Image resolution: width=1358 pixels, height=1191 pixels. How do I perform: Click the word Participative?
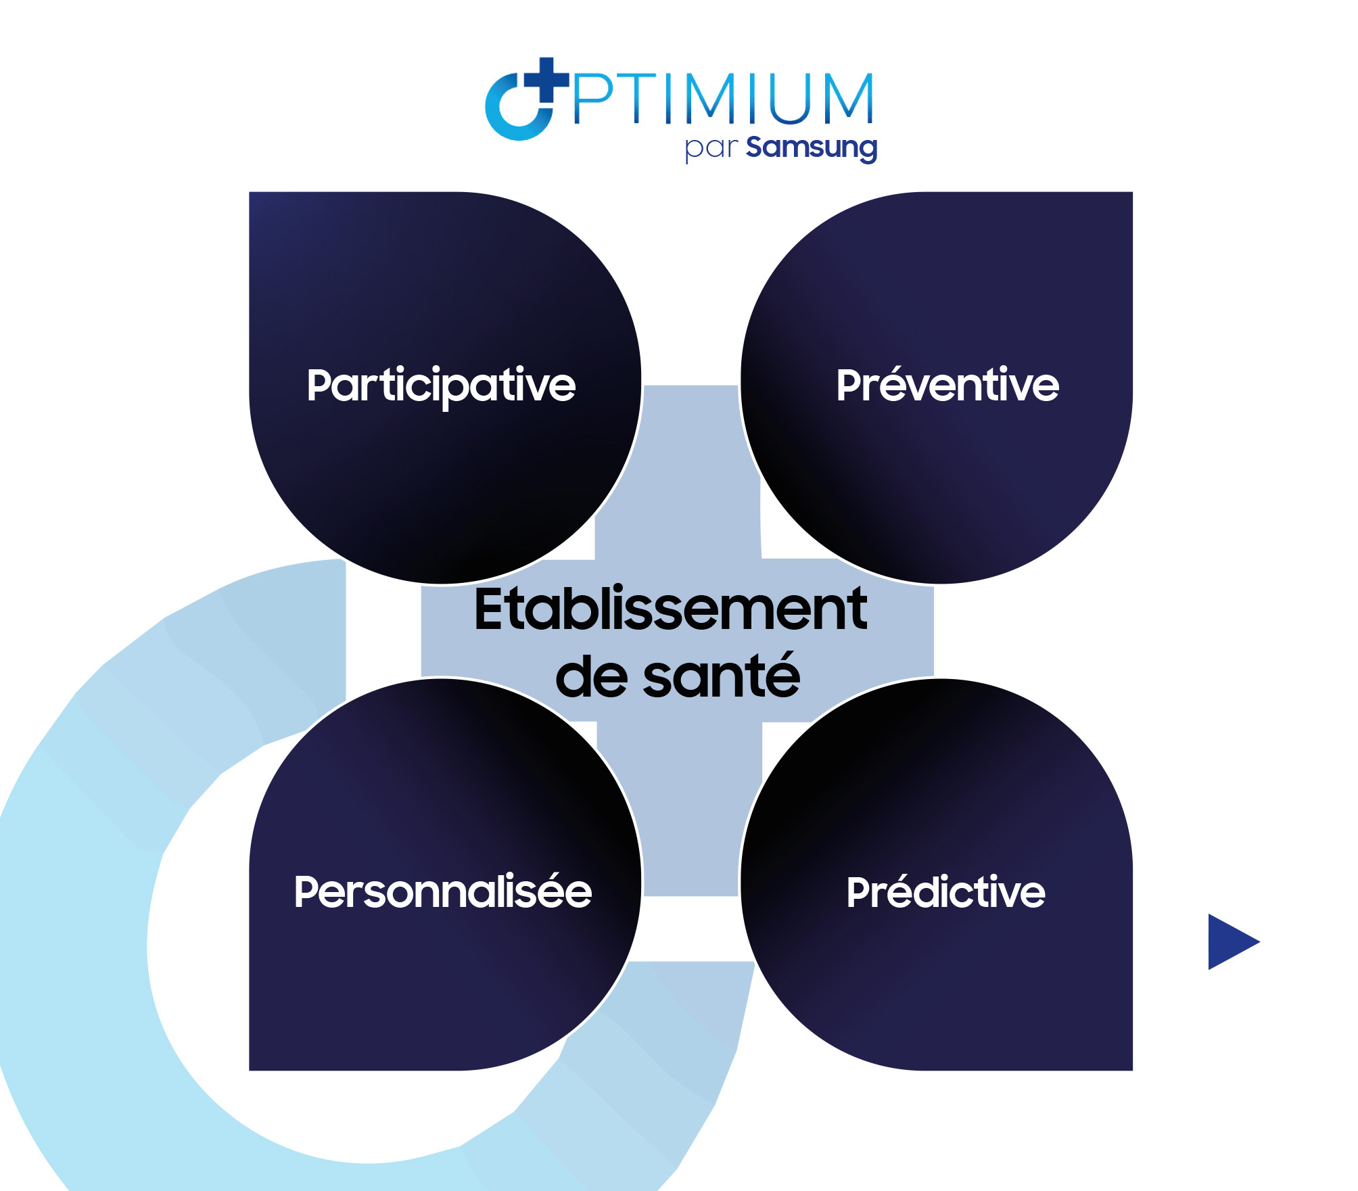tap(441, 386)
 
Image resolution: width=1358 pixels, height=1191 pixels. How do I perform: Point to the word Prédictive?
tap(946, 891)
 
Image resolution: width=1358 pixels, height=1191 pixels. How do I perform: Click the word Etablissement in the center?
tap(670, 609)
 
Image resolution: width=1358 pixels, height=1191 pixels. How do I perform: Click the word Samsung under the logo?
tap(812, 148)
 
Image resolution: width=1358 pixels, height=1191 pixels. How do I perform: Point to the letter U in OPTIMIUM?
tap(789, 99)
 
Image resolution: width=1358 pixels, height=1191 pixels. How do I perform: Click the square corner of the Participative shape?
tap(250, 193)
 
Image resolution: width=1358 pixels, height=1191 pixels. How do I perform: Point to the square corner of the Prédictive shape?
tap(1131, 1069)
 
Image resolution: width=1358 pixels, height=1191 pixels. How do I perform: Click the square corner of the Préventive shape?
tap(1131, 193)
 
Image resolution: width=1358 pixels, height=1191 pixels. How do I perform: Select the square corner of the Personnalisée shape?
tap(250, 1069)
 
